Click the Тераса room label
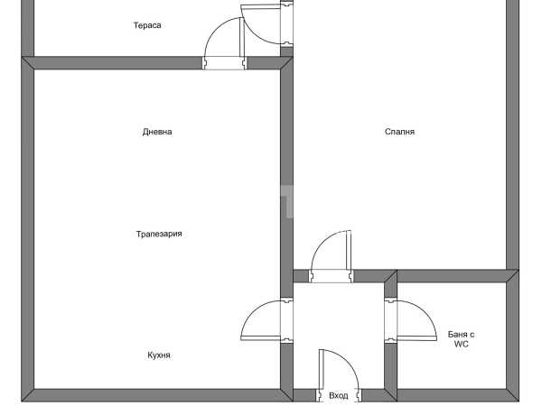click(147, 25)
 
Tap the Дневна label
click(157, 132)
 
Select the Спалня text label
click(399, 132)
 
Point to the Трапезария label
click(159, 234)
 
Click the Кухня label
click(159, 355)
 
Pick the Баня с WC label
click(461, 339)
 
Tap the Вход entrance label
click(339, 396)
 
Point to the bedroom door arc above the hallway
click(321, 242)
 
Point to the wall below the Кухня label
click(157, 395)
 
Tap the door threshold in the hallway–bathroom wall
click(390, 320)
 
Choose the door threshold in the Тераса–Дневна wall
click(225, 63)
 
